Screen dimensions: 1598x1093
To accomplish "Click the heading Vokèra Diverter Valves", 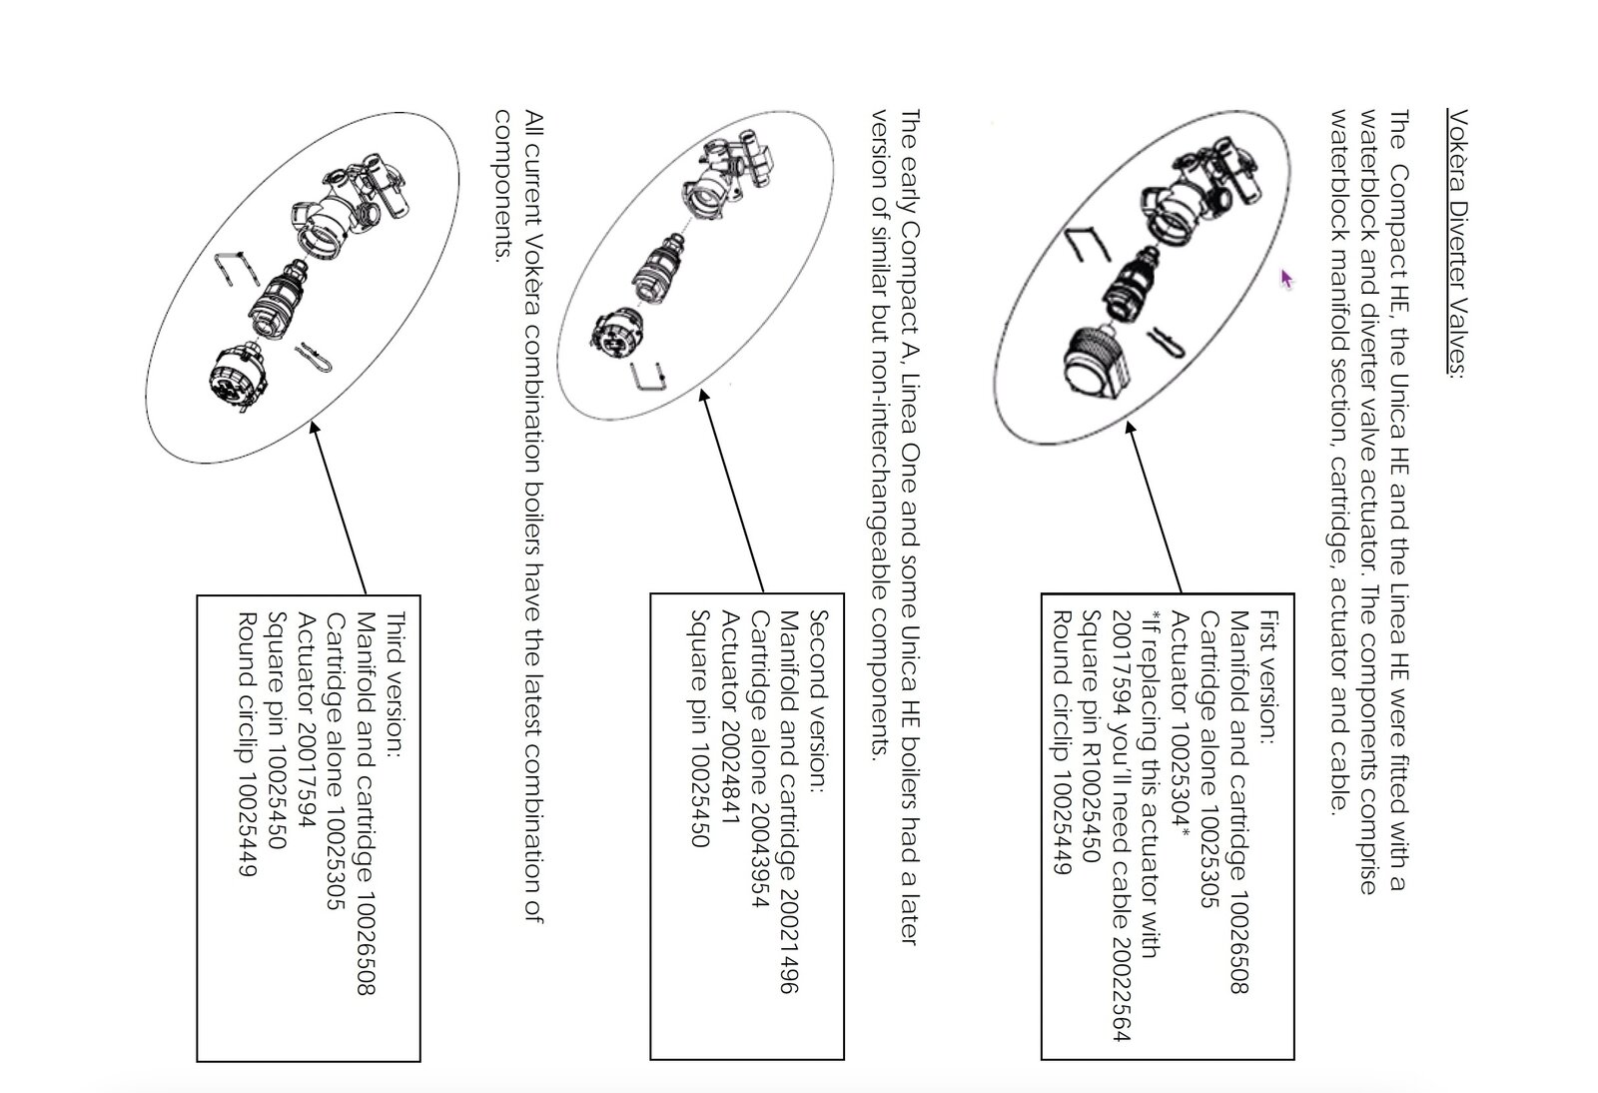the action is [x=1457, y=243].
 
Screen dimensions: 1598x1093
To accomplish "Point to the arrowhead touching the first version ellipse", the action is [x=1130, y=428].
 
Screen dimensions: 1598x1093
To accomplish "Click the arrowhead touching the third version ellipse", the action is [x=314, y=427].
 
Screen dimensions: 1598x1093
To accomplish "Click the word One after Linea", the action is [x=910, y=468].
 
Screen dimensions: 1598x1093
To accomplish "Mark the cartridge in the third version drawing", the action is [x=279, y=300].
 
